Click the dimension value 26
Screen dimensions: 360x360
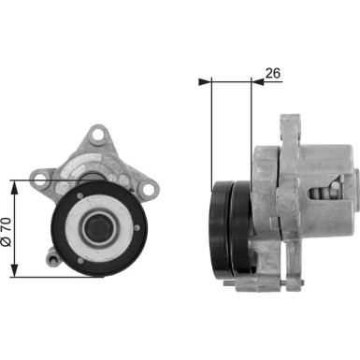tap(273, 71)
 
